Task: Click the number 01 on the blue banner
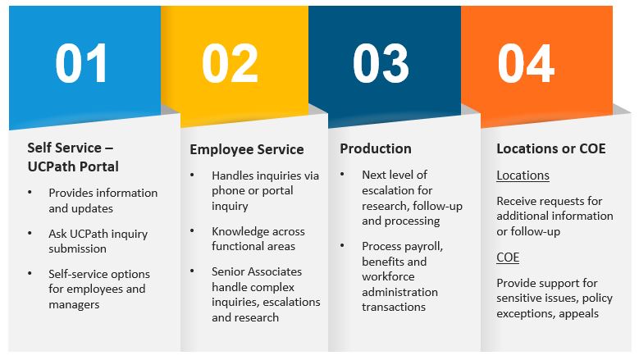coord(81,63)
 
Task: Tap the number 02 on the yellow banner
coord(230,63)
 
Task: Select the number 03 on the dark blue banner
coord(381,63)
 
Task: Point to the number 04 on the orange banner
coord(526,63)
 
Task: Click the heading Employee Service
coord(247,149)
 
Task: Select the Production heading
coord(376,148)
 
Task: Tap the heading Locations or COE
coord(551,148)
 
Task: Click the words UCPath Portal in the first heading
coord(73,166)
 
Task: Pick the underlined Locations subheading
coord(523,175)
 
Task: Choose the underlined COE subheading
coord(508,257)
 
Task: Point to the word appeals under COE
coord(578,314)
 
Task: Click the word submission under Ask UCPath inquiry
coord(77,248)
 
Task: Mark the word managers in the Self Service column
coord(74,305)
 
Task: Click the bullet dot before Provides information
coord(30,192)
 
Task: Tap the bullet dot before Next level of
coord(342,175)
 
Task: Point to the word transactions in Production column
coord(394,307)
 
